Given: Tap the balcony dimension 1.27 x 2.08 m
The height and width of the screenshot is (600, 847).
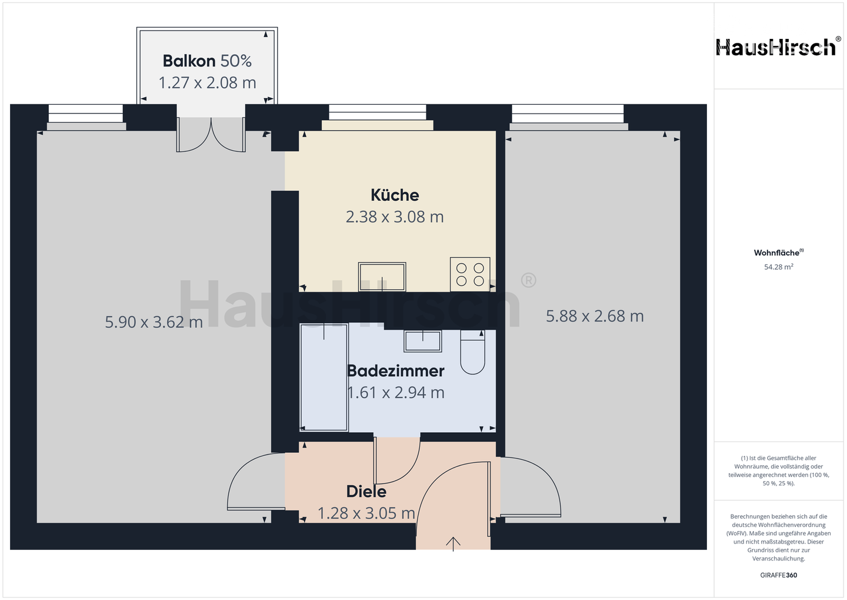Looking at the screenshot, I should coord(207,83).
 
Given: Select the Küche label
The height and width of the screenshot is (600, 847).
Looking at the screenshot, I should coord(395,195).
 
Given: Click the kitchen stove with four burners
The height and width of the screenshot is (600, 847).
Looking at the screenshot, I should coord(470,274).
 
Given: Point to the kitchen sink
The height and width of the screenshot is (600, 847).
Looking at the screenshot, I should coord(382,277).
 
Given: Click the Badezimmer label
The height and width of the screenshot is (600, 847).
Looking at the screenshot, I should coord(395,371).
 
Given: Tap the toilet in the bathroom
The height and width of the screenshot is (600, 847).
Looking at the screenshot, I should coord(472,353).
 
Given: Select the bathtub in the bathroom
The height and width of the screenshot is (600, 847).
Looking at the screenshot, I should coord(324,377).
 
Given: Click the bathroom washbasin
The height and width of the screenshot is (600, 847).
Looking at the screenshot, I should coord(422,340).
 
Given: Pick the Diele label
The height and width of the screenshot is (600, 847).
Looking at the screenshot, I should coord(366,492).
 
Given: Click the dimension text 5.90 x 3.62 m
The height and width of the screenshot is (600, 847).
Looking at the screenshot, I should coord(154,322).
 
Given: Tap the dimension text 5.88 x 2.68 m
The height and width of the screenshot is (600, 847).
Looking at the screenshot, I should coord(595,316).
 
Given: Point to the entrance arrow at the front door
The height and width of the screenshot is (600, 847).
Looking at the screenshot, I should coord(453,543).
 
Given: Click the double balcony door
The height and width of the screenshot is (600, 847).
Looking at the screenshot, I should coord(211,134).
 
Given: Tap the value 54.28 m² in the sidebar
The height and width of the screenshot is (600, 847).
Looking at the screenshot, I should coord(778,267).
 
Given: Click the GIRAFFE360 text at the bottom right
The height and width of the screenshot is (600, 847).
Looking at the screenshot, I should coord(778,575).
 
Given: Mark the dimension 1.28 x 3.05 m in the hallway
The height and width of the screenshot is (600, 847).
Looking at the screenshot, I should coord(366,513).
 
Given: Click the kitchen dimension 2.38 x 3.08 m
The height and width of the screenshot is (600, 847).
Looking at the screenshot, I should coord(395,217).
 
